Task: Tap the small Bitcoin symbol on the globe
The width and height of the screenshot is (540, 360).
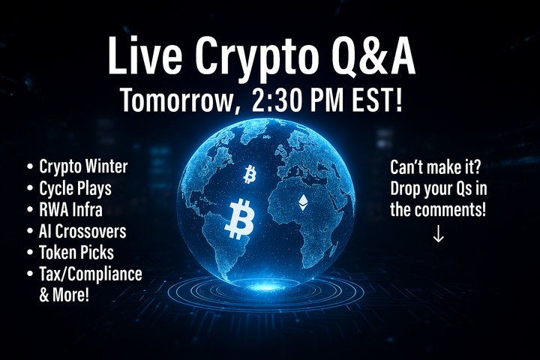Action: (x=250, y=175)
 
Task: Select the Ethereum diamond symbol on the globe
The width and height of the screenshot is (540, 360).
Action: (x=304, y=202)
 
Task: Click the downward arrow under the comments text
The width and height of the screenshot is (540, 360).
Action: (x=439, y=235)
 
